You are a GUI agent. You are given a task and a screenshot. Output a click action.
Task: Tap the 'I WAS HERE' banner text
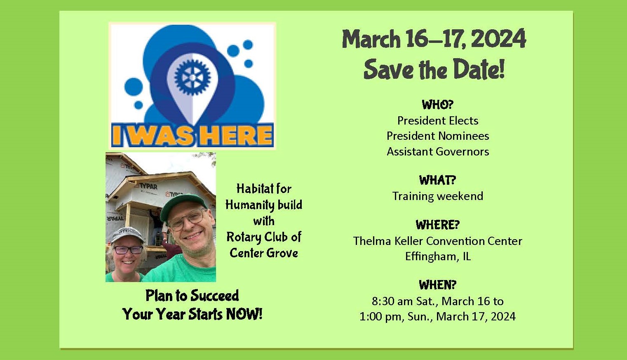coord(192,135)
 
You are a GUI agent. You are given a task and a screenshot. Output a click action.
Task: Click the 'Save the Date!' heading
coord(434,69)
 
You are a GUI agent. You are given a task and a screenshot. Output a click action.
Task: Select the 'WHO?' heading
coord(438,105)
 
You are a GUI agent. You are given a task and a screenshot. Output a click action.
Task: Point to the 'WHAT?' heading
coord(437,180)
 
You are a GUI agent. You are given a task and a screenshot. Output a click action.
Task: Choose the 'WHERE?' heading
coord(438,225)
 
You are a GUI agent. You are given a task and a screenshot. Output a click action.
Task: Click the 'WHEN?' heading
coord(438,285)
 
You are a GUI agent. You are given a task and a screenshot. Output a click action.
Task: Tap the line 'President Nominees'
coord(438,136)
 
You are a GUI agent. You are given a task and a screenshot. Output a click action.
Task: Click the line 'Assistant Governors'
coord(438,151)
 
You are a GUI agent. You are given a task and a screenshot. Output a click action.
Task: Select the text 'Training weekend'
coord(438,196)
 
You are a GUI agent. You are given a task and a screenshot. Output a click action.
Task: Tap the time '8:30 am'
coord(392,301)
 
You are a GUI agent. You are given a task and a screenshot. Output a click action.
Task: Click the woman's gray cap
coord(128,234)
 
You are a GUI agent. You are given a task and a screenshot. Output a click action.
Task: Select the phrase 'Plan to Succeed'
coord(192,296)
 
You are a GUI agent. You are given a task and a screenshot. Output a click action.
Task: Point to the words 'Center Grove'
coord(264,253)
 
